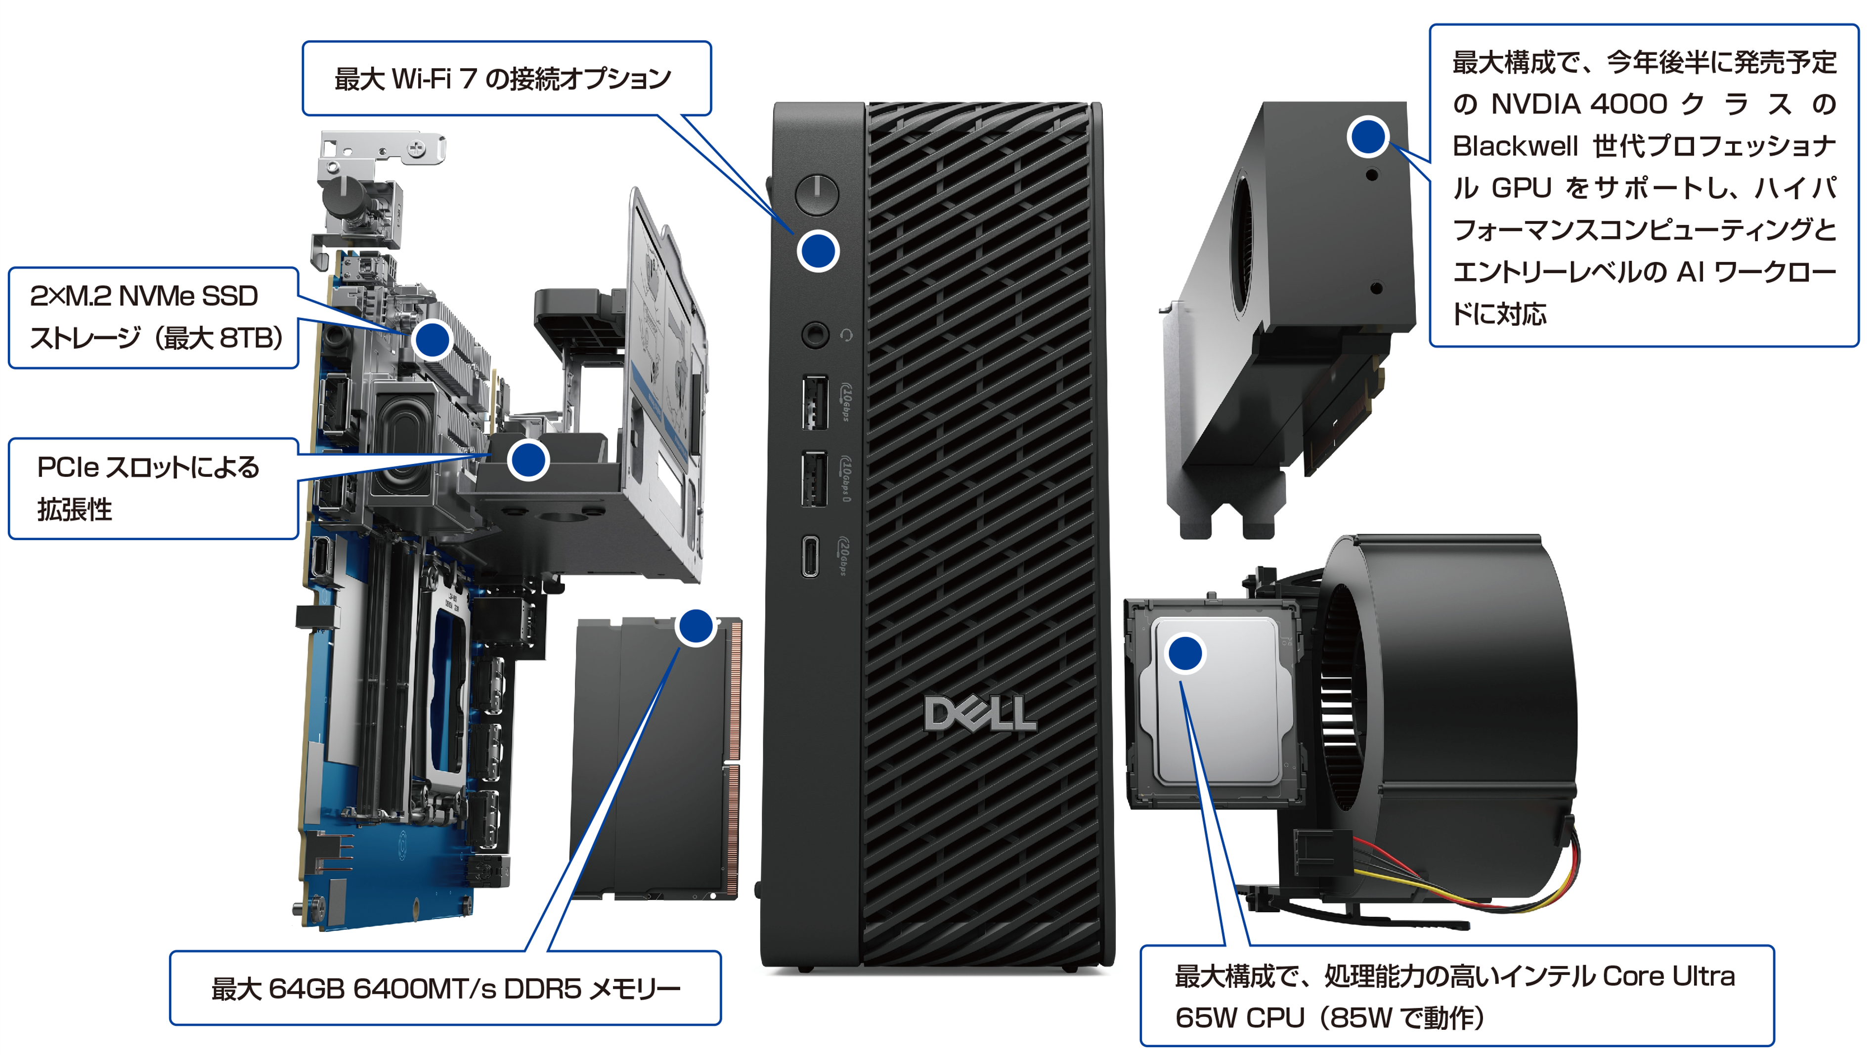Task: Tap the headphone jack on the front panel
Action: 815,335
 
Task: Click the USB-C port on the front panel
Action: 810,556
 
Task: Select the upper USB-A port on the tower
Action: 815,402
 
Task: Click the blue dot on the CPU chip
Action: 1185,653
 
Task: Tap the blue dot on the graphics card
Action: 1368,136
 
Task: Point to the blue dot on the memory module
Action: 696,627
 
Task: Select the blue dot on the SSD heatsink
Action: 432,339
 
